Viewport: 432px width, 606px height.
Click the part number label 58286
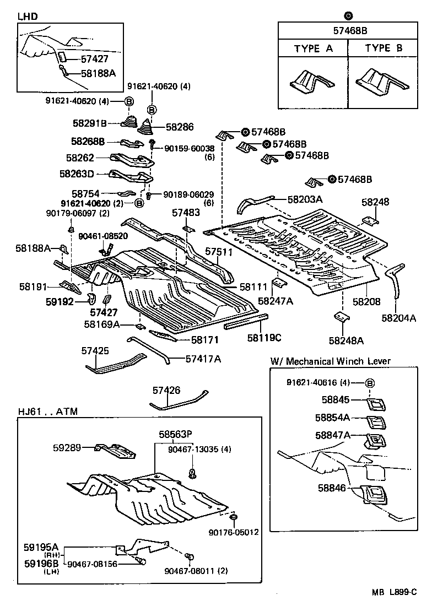[x=180, y=127]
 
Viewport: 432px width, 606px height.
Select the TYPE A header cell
[x=313, y=48]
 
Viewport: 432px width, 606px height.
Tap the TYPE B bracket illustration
[x=382, y=80]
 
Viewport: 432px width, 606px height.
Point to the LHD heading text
[x=28, y=17]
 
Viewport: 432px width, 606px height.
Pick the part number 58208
[x=366, y=302]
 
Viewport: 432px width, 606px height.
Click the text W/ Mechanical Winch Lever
[x=330, y=361]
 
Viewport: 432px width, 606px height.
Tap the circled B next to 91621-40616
[x=370, y=383]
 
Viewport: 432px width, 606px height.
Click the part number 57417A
[x=203, y=359]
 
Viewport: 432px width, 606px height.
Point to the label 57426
[x=166, y=390]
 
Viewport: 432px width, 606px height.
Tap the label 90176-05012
[x=234, y=532]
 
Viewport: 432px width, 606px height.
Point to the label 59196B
[x=41, y=563]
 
